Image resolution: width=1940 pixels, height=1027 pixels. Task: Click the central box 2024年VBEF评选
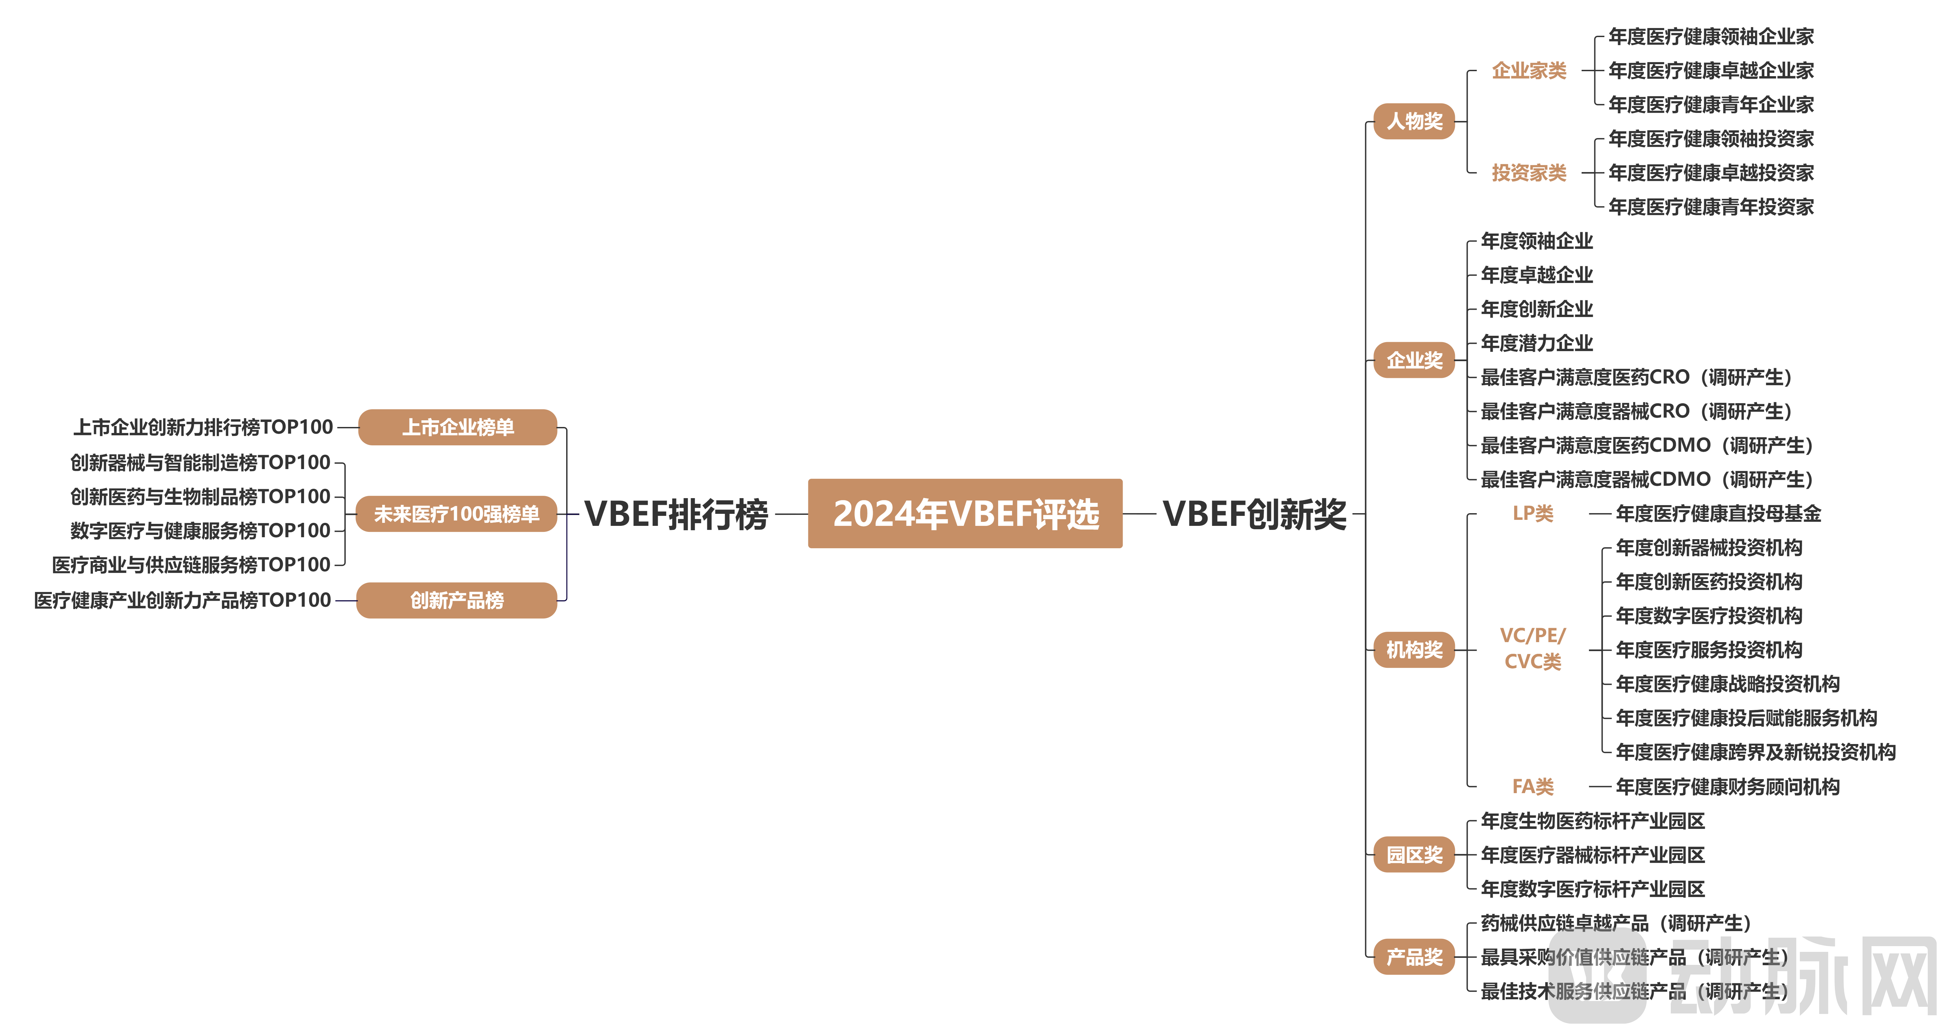[x=965, y=513]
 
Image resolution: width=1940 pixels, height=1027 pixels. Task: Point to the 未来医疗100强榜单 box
[x=456, y=514]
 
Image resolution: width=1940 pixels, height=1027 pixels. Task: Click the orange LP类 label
[x=1532, y=513]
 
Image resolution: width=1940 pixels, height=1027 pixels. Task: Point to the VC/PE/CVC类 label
[x=1532, y=648]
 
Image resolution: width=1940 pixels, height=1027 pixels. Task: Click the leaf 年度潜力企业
[x=1537, y=343]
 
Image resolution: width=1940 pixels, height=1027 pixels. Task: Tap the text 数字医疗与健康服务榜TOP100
[x=200, y=531]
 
